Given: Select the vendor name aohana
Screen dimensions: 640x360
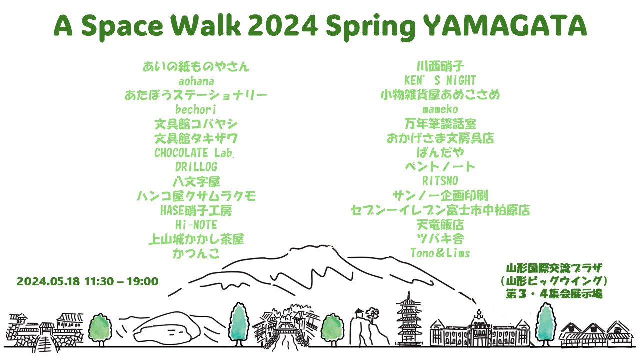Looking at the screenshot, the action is (x=196, y=81).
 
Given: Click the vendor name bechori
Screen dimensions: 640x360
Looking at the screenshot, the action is (x=195, y=109).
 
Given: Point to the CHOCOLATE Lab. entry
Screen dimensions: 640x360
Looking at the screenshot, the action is (x=195, y=153).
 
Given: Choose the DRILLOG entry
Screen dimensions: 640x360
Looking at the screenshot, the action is (x=196, y=167).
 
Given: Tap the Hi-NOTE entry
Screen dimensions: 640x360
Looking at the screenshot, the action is (x=196, y=225).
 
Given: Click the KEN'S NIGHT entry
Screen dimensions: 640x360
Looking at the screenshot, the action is (x=440, y=80).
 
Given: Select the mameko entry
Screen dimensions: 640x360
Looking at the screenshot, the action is (x=440, y=109).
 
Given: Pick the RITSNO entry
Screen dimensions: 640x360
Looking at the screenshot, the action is (x=440, y=181).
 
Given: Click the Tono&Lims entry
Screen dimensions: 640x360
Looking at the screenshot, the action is (x=440, y=253).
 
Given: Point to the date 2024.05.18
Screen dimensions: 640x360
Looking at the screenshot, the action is (x=48, y=281).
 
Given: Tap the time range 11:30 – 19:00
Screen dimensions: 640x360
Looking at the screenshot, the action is (x=121, y=281).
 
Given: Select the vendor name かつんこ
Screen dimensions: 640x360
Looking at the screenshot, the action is (x=196, y=253).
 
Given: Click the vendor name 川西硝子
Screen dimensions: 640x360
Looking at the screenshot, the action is (x=440, y=66).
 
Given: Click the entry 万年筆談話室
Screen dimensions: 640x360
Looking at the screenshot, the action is (x=440, y=124).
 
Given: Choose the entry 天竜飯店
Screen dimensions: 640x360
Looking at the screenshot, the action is (x=440, y=225).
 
